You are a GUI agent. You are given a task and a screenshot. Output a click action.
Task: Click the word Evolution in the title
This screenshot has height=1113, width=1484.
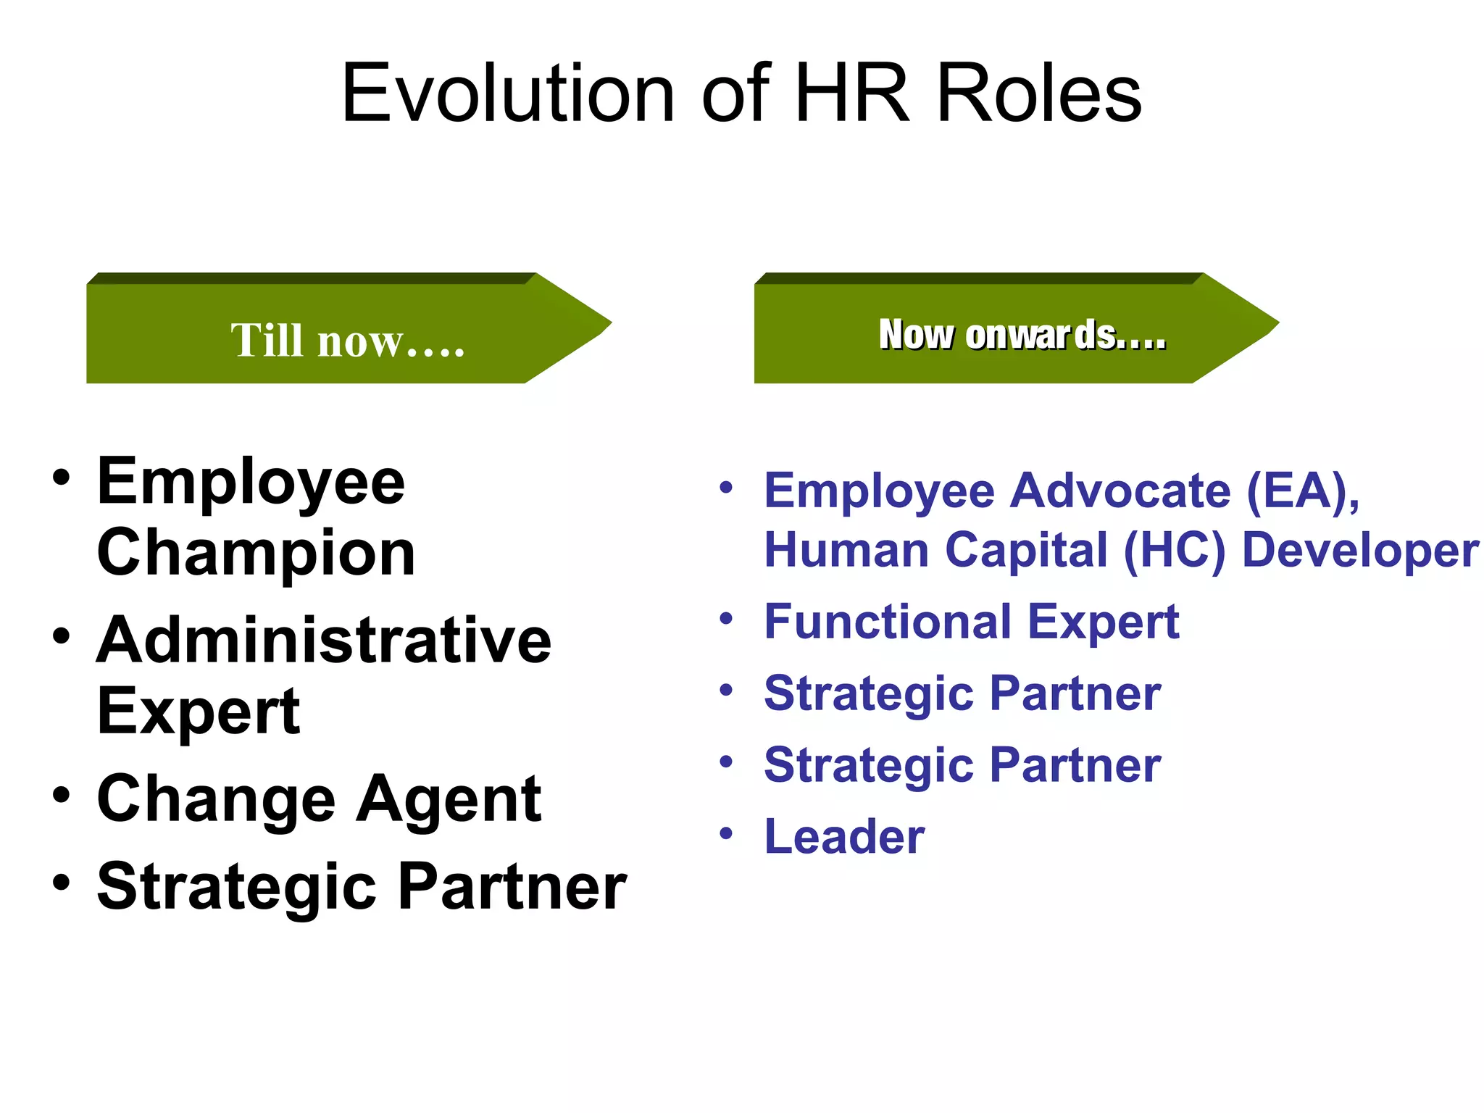508,93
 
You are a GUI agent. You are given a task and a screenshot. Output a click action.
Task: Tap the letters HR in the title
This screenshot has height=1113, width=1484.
851,93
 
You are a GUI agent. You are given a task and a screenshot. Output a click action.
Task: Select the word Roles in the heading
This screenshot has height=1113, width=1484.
1039,93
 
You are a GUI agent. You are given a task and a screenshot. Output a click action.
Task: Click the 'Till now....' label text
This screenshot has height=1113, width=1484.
347,340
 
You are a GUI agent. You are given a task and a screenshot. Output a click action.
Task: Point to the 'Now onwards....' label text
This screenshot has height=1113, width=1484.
1022,335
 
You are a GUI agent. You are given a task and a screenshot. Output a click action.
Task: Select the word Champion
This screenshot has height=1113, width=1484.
256,553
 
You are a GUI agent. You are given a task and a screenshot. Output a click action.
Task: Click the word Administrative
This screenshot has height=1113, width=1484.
324,641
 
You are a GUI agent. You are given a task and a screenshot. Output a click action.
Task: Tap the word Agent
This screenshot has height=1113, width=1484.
449,799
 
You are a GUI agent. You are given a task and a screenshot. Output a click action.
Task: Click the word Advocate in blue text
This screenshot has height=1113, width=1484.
1120,491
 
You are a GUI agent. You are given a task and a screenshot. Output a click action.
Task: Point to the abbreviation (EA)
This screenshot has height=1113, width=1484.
1302,491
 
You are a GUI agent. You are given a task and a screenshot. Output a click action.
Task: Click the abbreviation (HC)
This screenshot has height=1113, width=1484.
1175,550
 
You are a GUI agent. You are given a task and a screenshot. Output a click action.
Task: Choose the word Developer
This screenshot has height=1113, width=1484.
1360,550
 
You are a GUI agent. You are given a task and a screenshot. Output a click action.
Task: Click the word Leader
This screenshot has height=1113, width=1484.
844,837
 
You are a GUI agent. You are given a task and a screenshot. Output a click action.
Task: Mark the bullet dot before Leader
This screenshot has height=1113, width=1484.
726,833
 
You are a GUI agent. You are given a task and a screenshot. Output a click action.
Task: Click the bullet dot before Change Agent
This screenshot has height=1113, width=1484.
62,795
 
